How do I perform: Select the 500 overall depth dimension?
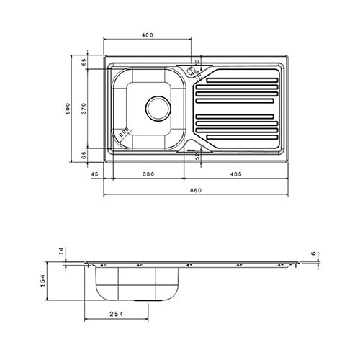(x=68, y=109)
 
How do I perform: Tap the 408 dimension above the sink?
(x=147, y=34)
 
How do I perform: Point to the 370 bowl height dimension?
(x=84, y=108)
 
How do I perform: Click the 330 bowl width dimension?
(x=147, y=174)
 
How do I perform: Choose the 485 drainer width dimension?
(x=235, y=174)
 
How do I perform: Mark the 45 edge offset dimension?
(x=94, y=174)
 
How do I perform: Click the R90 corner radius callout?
(x=123, y=132)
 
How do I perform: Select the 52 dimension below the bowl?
(x=197, y=156)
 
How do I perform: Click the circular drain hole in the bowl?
(x=157, y=109)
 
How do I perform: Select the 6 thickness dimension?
(x=315, y=253)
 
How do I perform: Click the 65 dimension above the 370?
(x=84, y=63)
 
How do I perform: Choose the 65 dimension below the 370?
(x=84, y=154)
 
